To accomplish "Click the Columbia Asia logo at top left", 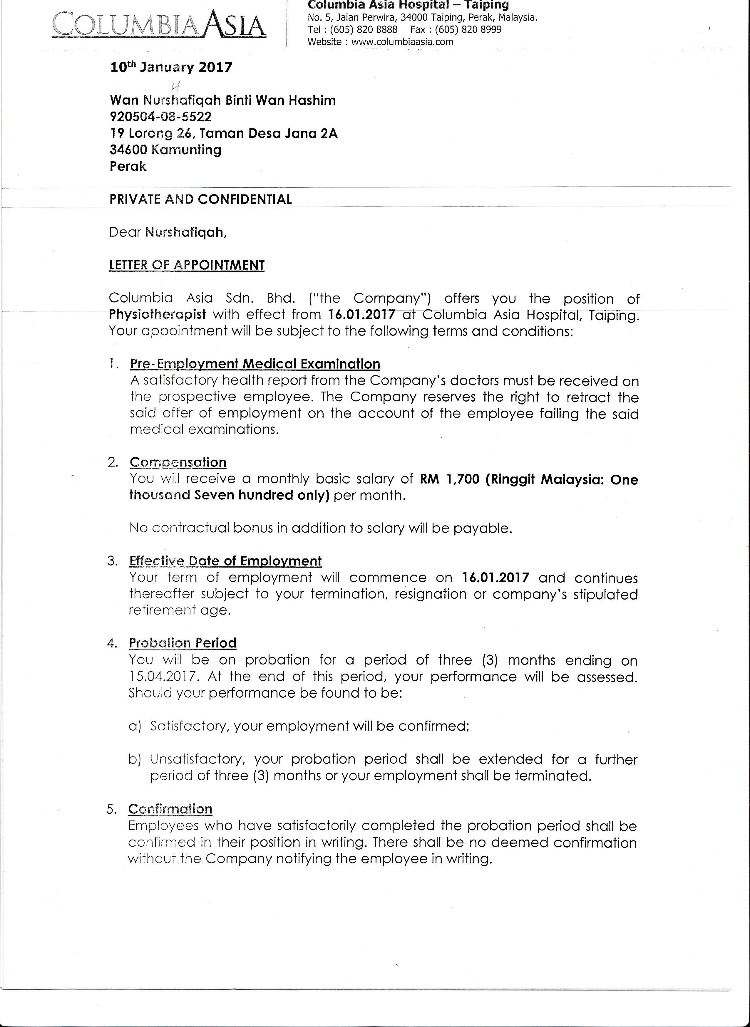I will (x=159, y=26).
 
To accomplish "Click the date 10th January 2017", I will (x=171, y=67).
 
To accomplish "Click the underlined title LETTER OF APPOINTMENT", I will (x=187, y=266).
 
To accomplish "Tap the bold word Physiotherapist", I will (x=158, y=314).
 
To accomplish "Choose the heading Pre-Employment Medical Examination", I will (x=255, y=364).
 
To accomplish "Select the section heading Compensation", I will (x=178, y=462).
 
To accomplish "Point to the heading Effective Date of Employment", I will (x=225, y=561).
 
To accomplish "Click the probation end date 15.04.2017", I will (x=163, y=677).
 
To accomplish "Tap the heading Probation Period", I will (x=183, y=643).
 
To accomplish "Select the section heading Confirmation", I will (x=170, y=809).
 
